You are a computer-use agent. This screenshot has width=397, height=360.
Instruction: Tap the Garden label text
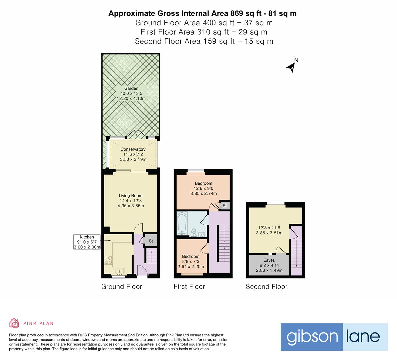point(131,88)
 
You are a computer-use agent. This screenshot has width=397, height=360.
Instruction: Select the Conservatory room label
point(133,149)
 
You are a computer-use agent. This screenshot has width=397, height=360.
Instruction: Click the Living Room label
point(131,196)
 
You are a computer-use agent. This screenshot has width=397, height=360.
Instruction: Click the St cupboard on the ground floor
point(151,241)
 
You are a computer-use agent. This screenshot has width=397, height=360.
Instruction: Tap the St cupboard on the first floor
point(224,206)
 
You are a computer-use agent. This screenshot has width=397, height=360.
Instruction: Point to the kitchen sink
point(119,271)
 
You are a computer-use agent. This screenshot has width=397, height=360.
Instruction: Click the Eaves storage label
point(269,260)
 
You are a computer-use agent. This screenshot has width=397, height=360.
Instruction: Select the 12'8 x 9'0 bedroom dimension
point(203,188)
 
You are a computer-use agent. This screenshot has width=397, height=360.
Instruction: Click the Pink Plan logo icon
point(14,323)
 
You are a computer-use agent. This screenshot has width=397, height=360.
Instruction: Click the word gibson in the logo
point(312,337)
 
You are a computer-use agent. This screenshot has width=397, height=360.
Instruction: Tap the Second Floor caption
point(266,287)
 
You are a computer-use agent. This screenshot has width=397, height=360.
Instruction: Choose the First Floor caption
point(189,287)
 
